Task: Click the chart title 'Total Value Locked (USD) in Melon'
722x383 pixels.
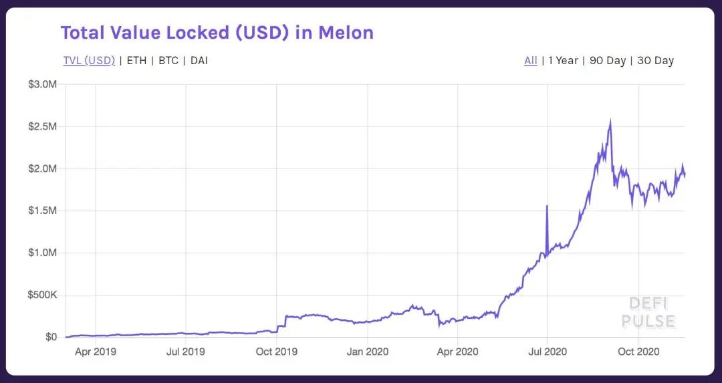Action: point(217,32)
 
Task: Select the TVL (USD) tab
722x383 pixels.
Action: point(89,61)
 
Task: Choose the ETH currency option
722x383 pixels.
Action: point(136,61)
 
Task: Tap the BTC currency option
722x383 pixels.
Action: point(168,61)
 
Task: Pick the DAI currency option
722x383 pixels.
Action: point(199,61)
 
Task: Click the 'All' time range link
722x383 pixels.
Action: point(531,61)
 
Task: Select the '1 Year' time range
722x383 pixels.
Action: point(563,61)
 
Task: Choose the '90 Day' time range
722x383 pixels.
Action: point(607,61)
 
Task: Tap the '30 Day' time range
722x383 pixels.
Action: point(655,61)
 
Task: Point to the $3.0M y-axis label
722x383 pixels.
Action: point(42,84)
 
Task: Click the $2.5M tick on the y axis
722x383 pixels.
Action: point(42,126)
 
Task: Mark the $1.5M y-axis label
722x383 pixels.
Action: point(42,211)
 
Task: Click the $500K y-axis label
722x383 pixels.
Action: point(42,295)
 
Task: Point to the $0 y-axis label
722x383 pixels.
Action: point(51,337)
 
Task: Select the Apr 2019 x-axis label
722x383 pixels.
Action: point(95,351)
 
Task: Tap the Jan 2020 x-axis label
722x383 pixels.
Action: point(367,351)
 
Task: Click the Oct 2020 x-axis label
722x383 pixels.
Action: point(638,351)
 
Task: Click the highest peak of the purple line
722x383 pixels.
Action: point(610,121)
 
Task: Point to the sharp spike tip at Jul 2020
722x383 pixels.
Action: point(547,206)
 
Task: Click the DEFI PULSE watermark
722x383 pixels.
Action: point(648,312)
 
